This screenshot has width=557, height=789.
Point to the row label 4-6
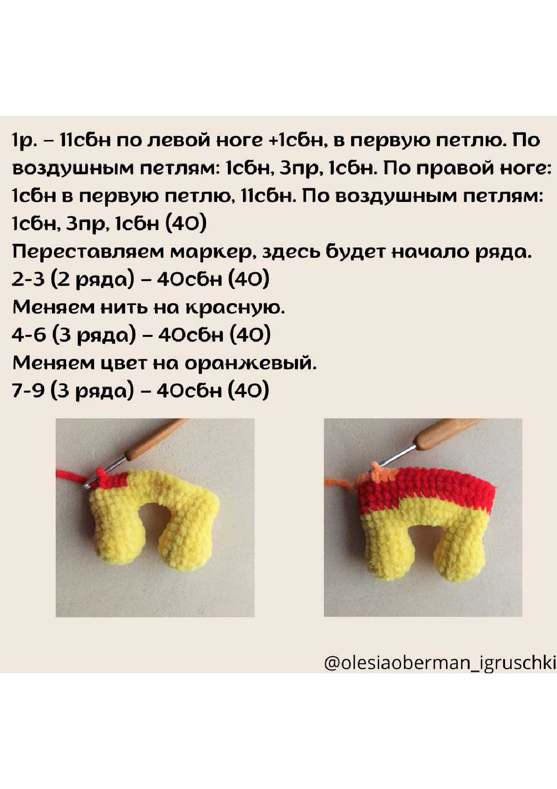point(29,335)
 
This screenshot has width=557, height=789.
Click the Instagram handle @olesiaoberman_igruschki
point(440,663)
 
